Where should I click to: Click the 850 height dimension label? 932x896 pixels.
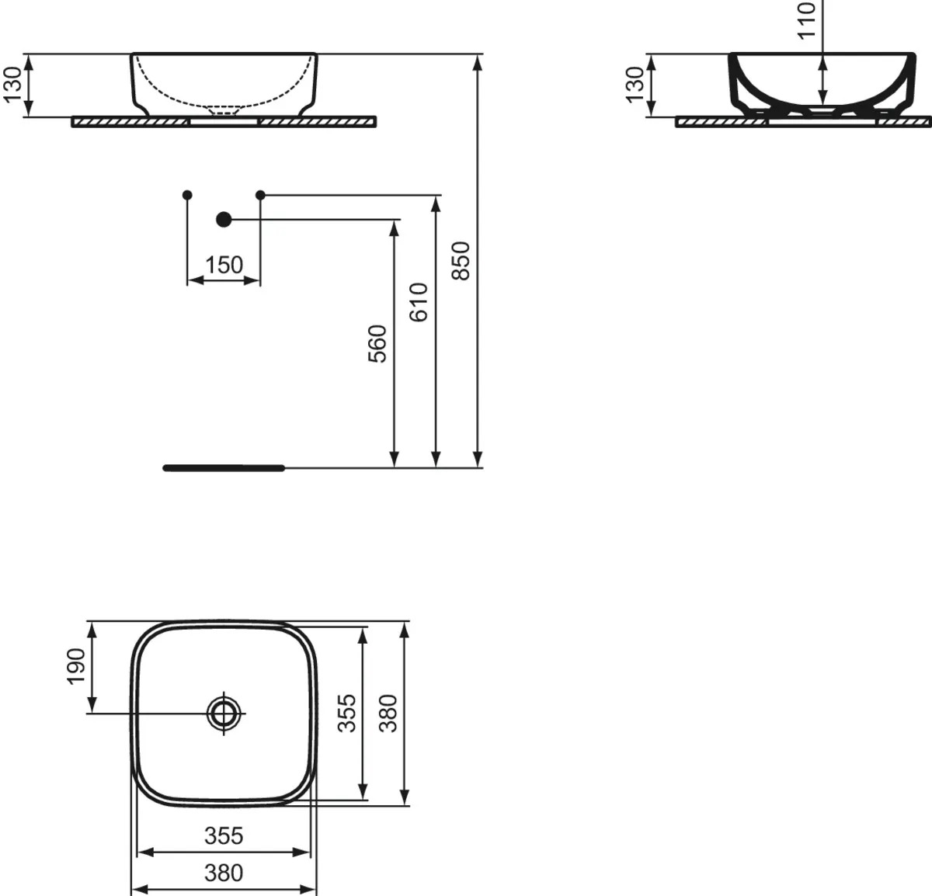tap(461, 261)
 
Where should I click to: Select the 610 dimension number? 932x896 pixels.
tap(419, 302)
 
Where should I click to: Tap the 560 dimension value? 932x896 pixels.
tap(377, 344)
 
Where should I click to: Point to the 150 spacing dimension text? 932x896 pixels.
tap(224, 266)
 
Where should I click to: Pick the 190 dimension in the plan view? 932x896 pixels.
tap(75, 666)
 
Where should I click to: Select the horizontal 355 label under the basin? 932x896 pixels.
tap(224, 835)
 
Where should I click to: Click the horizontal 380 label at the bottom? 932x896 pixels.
tap(224, 873)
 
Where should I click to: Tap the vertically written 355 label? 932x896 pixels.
tap(347, 713)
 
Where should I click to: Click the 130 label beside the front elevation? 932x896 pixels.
tap(13, 85)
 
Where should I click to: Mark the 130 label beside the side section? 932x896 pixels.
tap(635, 85)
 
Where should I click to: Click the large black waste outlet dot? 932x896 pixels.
tap(224, 220)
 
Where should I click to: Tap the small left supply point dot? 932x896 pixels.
tap(187, 194)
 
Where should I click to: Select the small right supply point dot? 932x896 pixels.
tap(260, 194)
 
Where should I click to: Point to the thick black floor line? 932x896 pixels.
tap(224, 467)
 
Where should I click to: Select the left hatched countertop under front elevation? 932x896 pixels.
tap(130, 122)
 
